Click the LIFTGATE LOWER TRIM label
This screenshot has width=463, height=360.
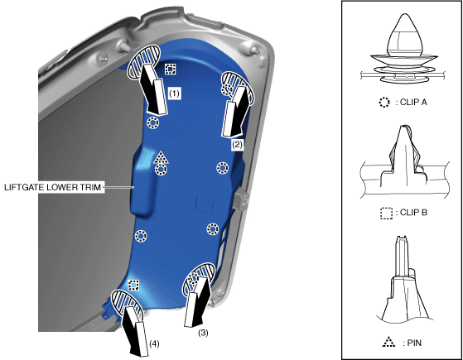pyautogui.click(x=52, y=187)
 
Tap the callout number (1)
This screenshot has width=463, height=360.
pyautogui.click(x=174, y=94)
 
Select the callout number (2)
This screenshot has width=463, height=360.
pyautogui.click(x=238, y=145)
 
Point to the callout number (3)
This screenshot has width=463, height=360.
pyautogui.click(x=203, y=333)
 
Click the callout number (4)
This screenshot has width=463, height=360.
pyautogui.click(x=154, y=343)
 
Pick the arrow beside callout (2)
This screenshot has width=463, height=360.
pyautogui.click(x=236, y=112)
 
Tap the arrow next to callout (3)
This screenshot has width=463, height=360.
pyautogui.click(x=197, y=301)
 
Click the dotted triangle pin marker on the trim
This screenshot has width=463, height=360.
pyautogui.click(x=161, y=158)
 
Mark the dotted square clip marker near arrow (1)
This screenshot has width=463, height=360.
pyautogui.click(x=170, y=69)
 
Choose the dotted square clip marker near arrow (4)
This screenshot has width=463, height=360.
pyautogui.click(x=133, y=286)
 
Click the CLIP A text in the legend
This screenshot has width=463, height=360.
pyautogui.click(x=413, y=102)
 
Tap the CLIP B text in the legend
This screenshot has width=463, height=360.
pyautogui.click(x=413, y=213)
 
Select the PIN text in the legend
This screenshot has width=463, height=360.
pyautogui.click(x=414, y=343)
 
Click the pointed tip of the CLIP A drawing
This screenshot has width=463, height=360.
pyautogui.click(x=404, y=14)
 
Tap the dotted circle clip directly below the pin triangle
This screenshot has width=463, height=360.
pyautogui.click(x=161, y=170)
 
